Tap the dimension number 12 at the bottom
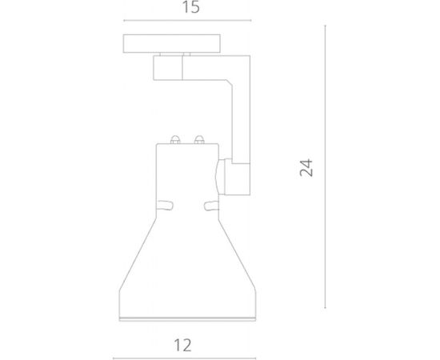182,345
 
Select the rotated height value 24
307,167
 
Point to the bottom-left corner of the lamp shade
117,316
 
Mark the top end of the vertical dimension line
325,25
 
